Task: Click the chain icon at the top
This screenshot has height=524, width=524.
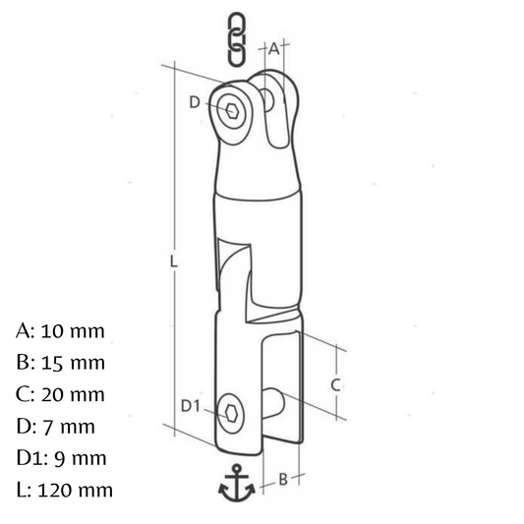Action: [237, 38]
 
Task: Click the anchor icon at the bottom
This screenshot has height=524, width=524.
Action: [237, 483]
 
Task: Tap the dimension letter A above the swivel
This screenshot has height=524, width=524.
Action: [274, 49]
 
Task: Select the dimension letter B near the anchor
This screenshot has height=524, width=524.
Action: [283, 480]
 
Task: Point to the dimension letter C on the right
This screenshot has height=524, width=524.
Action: [335, 385]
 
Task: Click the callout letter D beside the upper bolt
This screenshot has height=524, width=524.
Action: [195, 102]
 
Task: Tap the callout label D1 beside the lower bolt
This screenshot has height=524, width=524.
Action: [190, 406]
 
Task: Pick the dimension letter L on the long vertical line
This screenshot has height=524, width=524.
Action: [173, 261]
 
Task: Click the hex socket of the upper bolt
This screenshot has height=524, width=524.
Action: [231, 110]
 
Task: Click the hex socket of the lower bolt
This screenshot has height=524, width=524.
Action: [231, 414]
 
